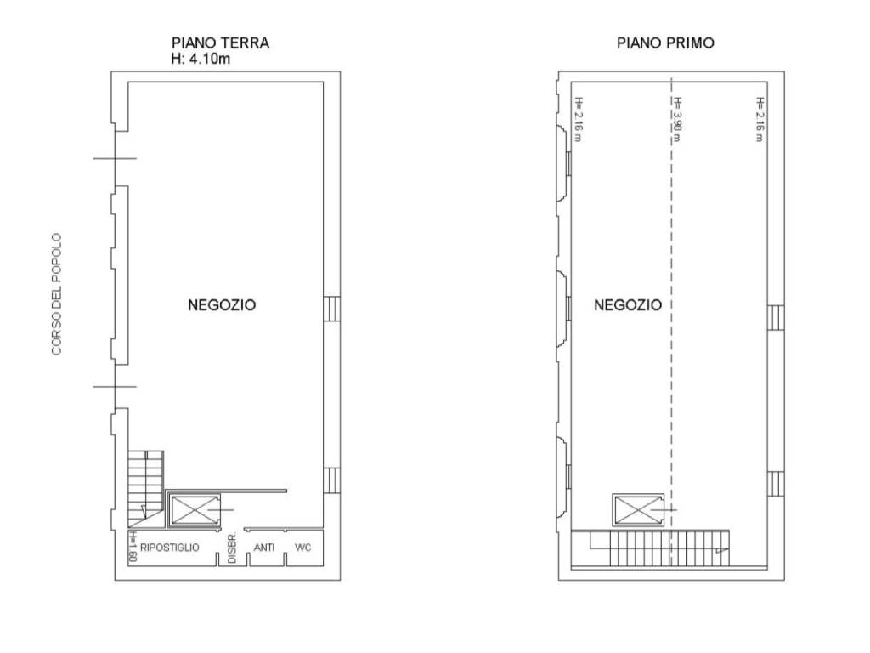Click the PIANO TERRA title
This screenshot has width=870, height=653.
tap(221, 43)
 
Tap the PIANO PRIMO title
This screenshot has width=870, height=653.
tap(665, 43)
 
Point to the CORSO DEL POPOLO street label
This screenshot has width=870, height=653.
tap(57, 294)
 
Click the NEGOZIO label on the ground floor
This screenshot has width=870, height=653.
tap(221, 305)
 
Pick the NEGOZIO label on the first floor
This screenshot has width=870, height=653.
tap(627, 305)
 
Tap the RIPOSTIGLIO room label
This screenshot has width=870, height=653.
tap(170, 548)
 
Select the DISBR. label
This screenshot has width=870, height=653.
tap(231, 548)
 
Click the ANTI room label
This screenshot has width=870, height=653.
tap(263, 548)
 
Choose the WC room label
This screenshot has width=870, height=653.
tap(303, 548)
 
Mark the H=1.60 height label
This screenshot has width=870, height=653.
tap(133, 548)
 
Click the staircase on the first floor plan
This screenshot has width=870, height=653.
tap(650, 547)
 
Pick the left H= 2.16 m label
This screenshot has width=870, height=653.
tap(578, 119)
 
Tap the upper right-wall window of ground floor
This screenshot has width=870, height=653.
tap(332, 308)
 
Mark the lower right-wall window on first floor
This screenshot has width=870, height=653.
tap(776, 483)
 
